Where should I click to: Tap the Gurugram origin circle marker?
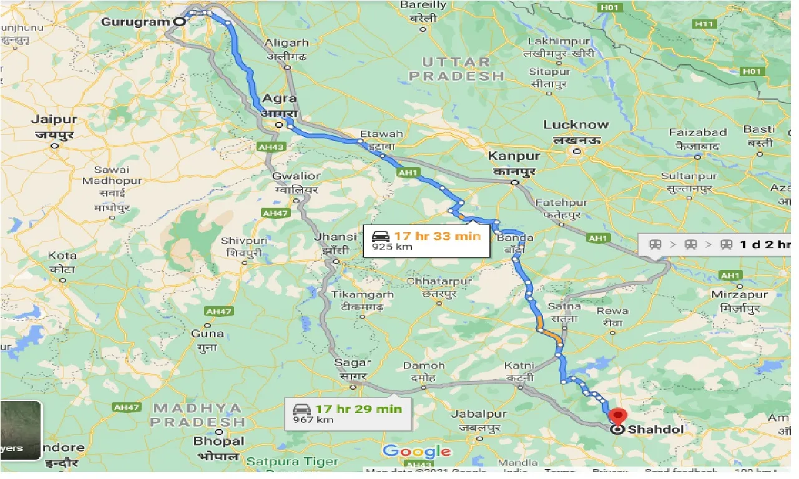pos(179,21)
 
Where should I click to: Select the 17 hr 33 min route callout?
pos(426,240)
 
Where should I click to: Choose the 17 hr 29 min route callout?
pos(348,414)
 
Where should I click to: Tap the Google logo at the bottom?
pos(416,452)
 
